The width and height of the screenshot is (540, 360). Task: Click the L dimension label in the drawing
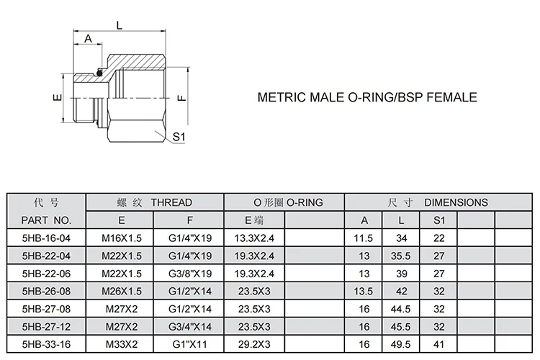click(119, 25)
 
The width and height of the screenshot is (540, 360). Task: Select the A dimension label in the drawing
click(89, 39)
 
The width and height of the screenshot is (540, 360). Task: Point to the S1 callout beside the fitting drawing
click(179, 136)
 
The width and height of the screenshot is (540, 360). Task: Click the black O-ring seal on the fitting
click(101, 71)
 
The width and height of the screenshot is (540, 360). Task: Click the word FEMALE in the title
click(449, 97)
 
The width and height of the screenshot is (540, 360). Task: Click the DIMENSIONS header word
click(456, 202)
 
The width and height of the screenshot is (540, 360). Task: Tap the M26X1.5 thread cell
click(121, 291)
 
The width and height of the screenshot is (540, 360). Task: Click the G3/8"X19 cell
click(190, 273)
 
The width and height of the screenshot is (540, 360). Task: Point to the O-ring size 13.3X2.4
click(255, 238)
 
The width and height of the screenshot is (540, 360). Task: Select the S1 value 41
click(439, 344)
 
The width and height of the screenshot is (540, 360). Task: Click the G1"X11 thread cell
click(190, 344)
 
